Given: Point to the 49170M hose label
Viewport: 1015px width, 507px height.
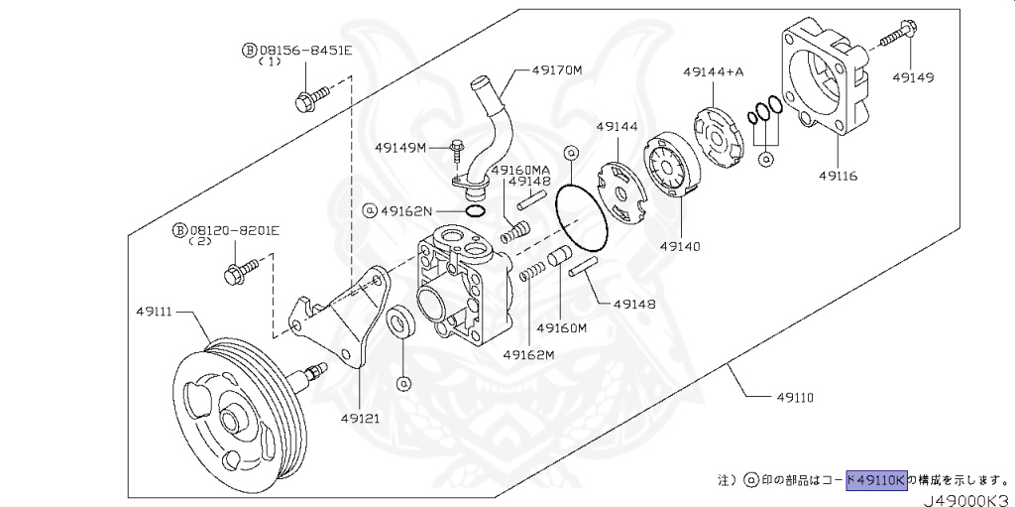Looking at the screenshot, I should click(556, 70).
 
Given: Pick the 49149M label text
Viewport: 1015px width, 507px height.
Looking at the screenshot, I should click(399, 148).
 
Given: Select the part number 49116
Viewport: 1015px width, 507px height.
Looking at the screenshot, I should click(839, 176).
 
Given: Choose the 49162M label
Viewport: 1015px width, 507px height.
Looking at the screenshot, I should click(527, 354).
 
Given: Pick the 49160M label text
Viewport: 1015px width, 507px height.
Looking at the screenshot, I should click(562, 327).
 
